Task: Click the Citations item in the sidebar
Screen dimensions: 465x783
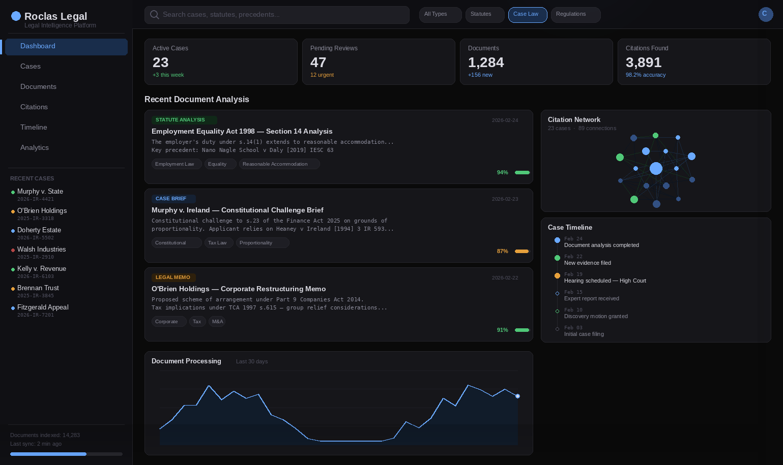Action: (34, 107)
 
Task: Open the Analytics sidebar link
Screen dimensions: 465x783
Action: (35, 147)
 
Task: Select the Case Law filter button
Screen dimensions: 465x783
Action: (527, 15)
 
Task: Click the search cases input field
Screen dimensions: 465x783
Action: (277, 15)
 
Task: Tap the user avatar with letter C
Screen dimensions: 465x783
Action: (765, 14)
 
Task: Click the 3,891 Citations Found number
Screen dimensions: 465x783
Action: (643, 63)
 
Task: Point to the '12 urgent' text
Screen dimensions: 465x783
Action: (322, 75)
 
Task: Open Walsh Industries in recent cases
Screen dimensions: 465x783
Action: (41, 250)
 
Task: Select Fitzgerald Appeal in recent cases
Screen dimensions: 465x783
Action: (43, 307)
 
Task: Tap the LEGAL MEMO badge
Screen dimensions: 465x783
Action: (173, 277)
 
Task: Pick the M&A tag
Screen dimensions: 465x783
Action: (217, 321)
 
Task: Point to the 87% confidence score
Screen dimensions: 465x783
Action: (502, 251)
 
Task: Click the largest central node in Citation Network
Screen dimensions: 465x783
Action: (656, 168)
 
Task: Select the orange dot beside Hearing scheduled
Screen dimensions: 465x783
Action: (557, 275)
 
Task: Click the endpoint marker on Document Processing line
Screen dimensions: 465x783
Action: (517, 396)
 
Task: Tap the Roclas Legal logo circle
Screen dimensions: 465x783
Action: (16, 16)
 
